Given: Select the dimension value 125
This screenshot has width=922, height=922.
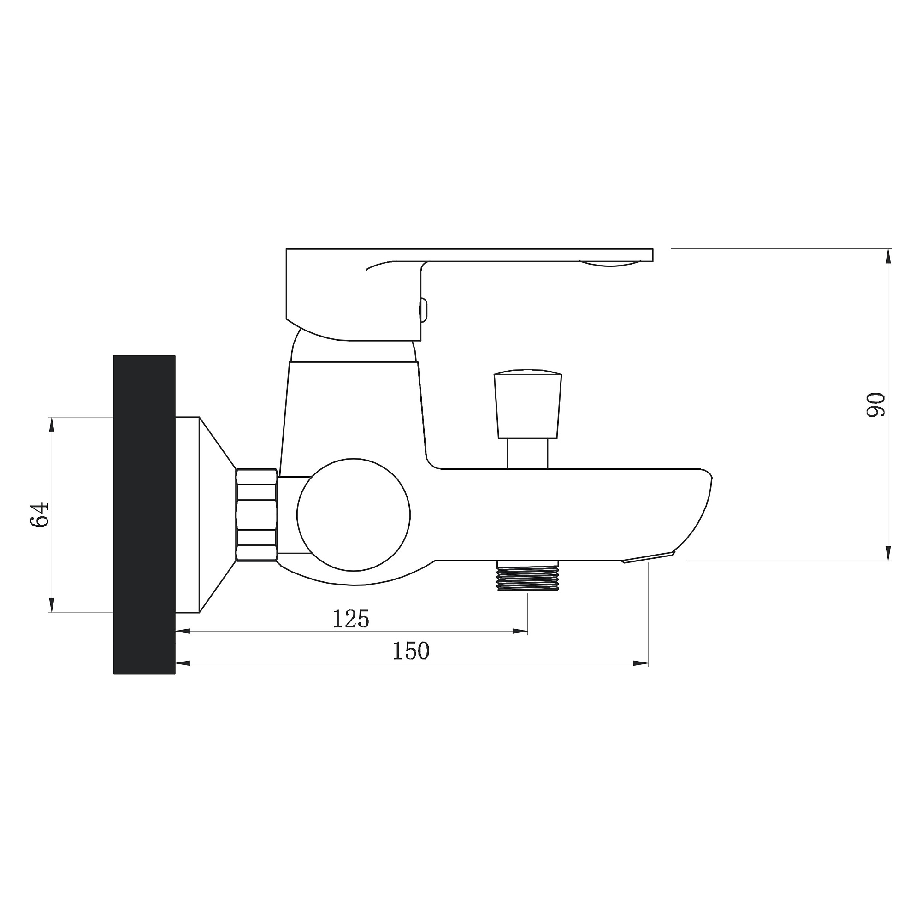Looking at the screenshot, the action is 351,620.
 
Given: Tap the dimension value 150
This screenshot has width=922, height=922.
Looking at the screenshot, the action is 411,651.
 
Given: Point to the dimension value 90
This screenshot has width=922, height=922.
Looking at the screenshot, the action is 876,405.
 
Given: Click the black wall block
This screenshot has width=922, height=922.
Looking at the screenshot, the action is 144,515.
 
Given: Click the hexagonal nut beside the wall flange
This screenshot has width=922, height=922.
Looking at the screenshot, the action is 257,515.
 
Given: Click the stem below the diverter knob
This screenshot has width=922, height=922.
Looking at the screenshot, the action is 528,453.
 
